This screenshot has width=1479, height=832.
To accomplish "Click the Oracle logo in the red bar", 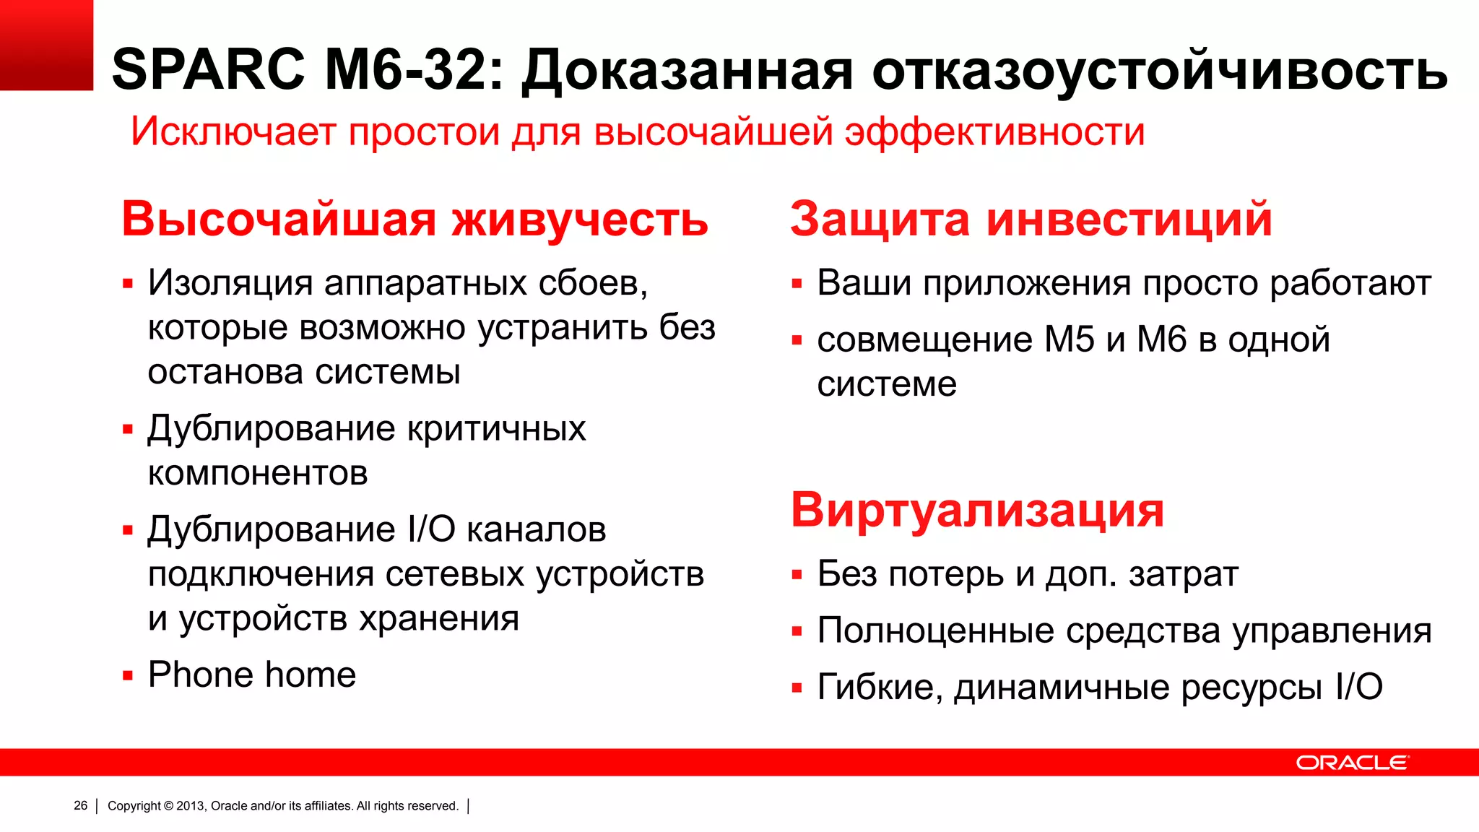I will click(1351, 763).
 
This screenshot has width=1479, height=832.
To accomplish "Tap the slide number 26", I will click(80, 805).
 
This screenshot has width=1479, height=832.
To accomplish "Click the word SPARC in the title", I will click(209, 70).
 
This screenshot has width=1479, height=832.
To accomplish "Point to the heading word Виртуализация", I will click(977, 510).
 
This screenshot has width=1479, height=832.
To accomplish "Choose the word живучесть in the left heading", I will click(580, 220).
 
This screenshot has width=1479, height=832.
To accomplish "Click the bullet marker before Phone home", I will click(128, 677).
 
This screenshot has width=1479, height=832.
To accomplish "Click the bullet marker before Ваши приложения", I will click(797, 284).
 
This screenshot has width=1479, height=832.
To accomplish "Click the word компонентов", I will click(258, 474).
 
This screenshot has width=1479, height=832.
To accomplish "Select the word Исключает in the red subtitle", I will click(233, 132).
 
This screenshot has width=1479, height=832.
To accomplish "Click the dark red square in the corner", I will click(46, 45).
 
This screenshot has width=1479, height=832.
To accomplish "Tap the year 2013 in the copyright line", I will click(190, 806).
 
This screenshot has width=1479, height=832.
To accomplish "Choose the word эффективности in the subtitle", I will click(994, 133).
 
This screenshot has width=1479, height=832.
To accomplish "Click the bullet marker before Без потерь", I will click(797, 576).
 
